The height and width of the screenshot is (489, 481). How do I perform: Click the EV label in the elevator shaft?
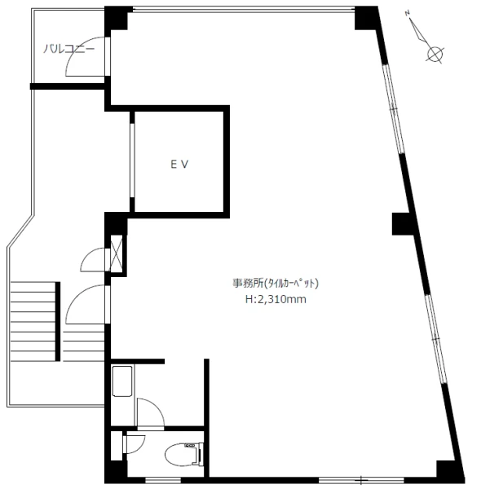pos(179,165)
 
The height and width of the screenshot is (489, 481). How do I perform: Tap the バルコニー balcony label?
pos(68,49)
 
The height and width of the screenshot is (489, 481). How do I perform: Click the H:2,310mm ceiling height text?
pos(276,299)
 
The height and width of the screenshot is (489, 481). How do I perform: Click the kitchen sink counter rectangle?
pos(122,381)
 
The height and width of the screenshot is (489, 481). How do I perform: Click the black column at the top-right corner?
pos(367,18)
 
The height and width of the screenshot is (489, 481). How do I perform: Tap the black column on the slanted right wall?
pos(403,223)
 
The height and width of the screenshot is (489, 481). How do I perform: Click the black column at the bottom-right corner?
pos(448,472)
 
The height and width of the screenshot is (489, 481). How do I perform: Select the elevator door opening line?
pos(132,161)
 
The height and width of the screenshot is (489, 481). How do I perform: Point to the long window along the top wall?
pos(244,10)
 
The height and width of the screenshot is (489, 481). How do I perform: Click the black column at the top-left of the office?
pos(116,18)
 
